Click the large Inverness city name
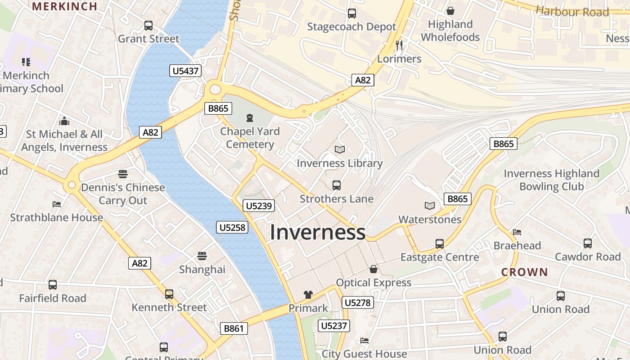pos(317,232)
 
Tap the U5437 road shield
pos(185,71)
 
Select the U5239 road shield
pos(259,206)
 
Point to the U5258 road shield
pos(232,227)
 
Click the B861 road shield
pos(234,328)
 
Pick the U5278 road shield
pos(358,302)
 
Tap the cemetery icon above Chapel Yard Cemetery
pos(250,118)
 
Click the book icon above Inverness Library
pos(340,150)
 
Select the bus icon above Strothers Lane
pos(336,185)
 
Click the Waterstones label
pos(430,220)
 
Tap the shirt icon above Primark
pos(308,295)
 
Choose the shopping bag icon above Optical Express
pos(373,270)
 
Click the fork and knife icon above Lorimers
pos(399,45)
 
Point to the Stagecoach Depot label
pos(351,27)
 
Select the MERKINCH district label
pos(65,6)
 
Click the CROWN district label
pos(525,272)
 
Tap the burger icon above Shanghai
pos(202,256)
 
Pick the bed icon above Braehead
pos(517,232)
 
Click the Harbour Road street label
pos(572,12)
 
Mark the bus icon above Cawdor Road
pos(587,243)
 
